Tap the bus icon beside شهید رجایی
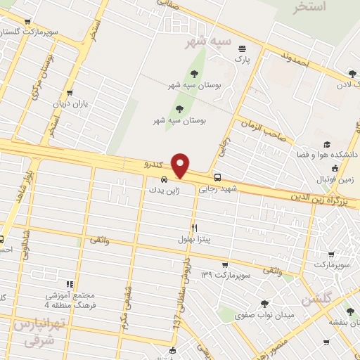217,178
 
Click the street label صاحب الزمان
264,131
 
